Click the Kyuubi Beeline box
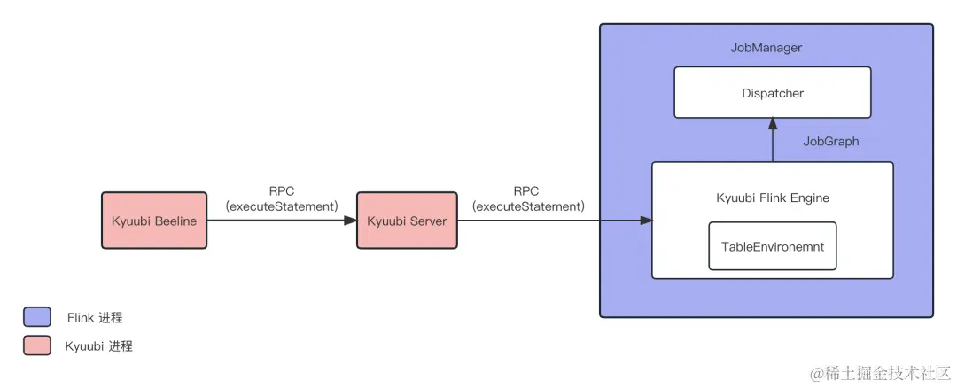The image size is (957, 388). [154, 221]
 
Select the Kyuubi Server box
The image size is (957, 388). [407, 221]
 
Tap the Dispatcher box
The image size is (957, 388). [773, 92]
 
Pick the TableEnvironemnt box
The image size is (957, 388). [772, 246]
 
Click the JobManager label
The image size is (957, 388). [766, 47]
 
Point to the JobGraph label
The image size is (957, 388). [830, 141]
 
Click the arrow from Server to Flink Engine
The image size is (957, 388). [554, 221]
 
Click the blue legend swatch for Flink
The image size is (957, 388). [37, 317]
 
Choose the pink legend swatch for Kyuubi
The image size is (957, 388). [37, 345]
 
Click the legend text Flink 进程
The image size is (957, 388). [94, 317]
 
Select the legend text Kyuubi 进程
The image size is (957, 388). [98, 346]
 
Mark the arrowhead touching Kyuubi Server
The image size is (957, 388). [350, 221]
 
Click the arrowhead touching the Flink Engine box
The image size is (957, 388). [646, 221]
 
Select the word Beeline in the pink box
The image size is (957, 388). [175, 221]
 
